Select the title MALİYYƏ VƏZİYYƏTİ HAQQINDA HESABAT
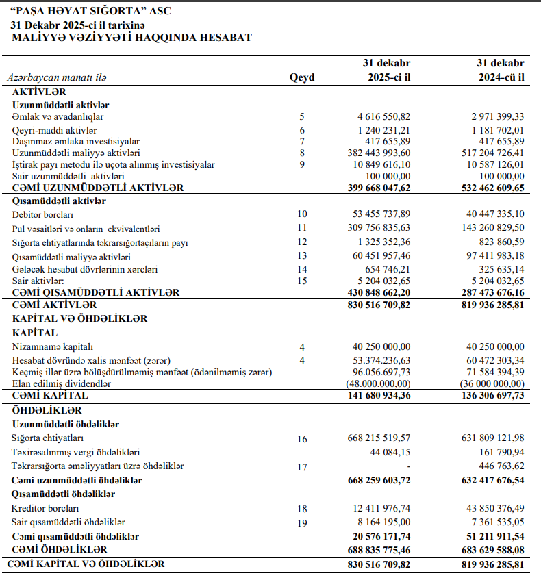[131, 37]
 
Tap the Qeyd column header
[302, 77]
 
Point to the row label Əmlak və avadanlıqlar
[59, 117]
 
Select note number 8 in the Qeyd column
[301, 153]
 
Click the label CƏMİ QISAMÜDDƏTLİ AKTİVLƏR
[96, 292]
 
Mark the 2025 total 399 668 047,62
[379, 188]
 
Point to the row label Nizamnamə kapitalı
[53, 346]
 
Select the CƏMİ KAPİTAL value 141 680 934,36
[379, 395]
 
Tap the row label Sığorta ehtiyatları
[48, 438]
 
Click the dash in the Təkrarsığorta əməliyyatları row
[408, 466]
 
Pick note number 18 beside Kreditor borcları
[302, 509]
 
